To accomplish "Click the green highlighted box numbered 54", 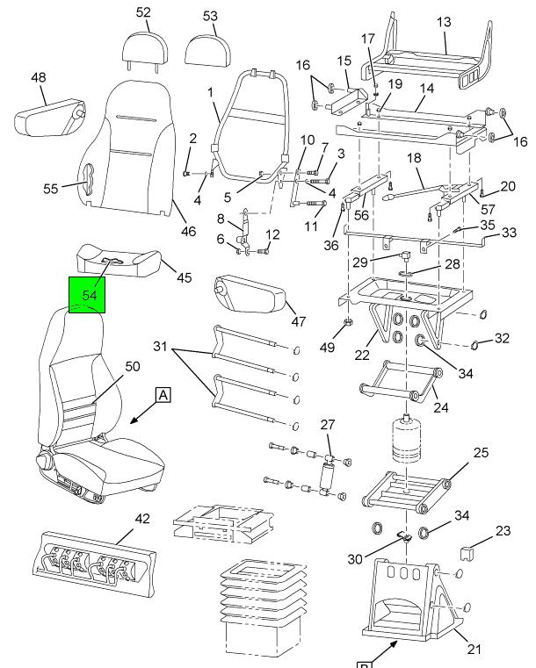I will coord(88,295).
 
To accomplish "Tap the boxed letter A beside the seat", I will coord(163,395).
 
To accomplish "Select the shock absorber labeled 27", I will coord(330,478).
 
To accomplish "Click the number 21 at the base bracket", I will coord(474,650).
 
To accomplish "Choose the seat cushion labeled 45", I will coord(123,259).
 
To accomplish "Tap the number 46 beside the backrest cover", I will coord(188,232).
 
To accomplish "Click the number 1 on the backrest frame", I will coord(211,91).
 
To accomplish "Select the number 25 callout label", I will coord(481,452).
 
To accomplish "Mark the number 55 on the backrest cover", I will coord(51,187).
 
